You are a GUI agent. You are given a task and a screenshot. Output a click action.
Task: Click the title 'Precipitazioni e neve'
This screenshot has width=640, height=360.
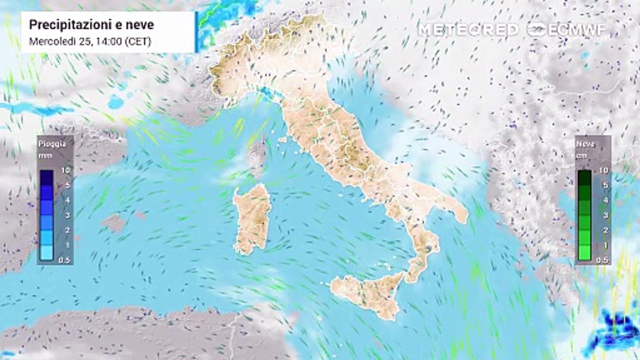coord(91,24)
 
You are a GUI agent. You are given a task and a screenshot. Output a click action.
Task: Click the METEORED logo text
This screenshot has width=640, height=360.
coord(468,30)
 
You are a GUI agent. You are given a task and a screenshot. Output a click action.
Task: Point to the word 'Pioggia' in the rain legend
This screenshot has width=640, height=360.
coord(52,144)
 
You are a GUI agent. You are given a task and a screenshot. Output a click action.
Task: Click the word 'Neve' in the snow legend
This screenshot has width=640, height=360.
coord(585,144)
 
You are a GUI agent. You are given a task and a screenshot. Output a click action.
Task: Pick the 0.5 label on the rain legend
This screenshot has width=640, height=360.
coord(63,260)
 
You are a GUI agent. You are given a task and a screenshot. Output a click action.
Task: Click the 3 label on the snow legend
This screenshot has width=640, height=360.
coord(603,215)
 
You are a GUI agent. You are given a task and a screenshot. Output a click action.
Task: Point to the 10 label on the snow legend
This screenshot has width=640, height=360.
coord(603,170)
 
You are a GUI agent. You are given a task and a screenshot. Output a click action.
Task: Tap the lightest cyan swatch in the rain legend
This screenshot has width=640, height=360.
coord(46,253)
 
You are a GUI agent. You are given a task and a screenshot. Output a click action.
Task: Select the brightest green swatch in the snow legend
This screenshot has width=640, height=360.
coord(584,253)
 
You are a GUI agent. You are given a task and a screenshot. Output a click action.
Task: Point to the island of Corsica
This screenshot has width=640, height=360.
coord(257,155)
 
